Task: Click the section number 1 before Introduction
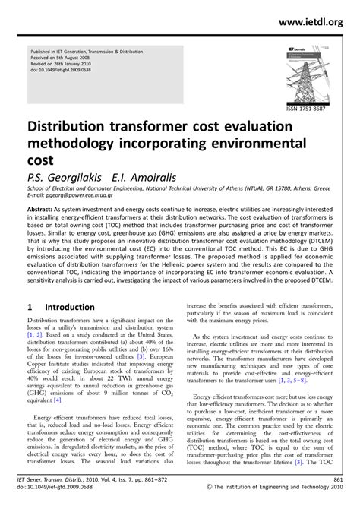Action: pyautogui.click(x=30, y=308)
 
